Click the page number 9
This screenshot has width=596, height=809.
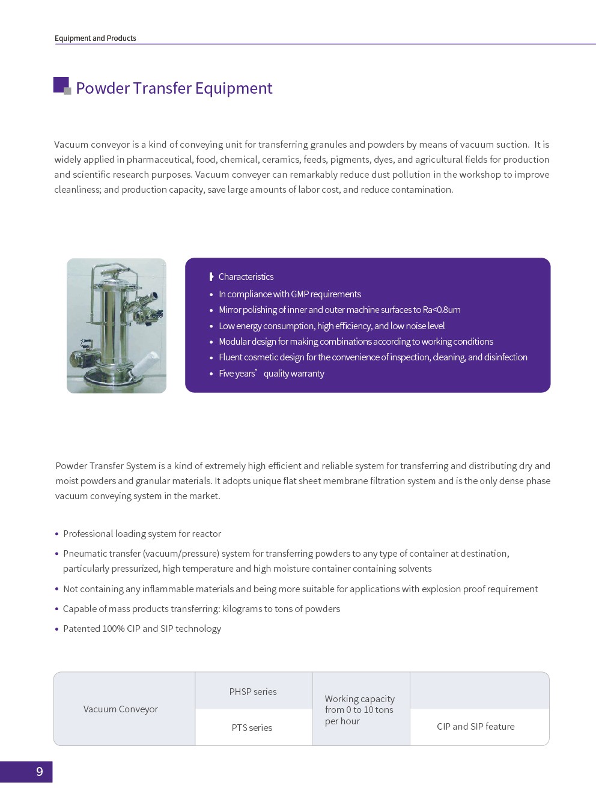coord(40,772)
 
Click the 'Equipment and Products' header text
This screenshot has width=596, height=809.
coord(96,38)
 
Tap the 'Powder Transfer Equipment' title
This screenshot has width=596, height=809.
coord(174,88)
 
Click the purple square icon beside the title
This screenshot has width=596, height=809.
coord(61,85)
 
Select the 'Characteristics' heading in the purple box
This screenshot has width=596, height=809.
coord(246,277)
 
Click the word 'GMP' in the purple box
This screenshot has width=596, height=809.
coord(300,294)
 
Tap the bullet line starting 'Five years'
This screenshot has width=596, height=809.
coord(271,374)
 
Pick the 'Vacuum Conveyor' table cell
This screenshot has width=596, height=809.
coord(121,709)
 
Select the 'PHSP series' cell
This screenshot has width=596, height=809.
coord(253,692)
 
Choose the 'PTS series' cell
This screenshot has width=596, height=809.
coord(252,728)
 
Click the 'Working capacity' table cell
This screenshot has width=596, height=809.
coord(360,710)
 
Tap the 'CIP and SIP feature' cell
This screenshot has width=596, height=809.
coord(475,727)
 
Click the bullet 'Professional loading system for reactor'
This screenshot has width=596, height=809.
coord(142,534)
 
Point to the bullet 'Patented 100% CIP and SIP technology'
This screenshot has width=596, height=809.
coord(142,629)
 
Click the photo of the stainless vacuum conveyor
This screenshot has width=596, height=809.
coord(117,326)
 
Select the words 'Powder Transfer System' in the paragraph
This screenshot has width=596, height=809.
coord(106,466)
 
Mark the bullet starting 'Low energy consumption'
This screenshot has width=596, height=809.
coord(332,326)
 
